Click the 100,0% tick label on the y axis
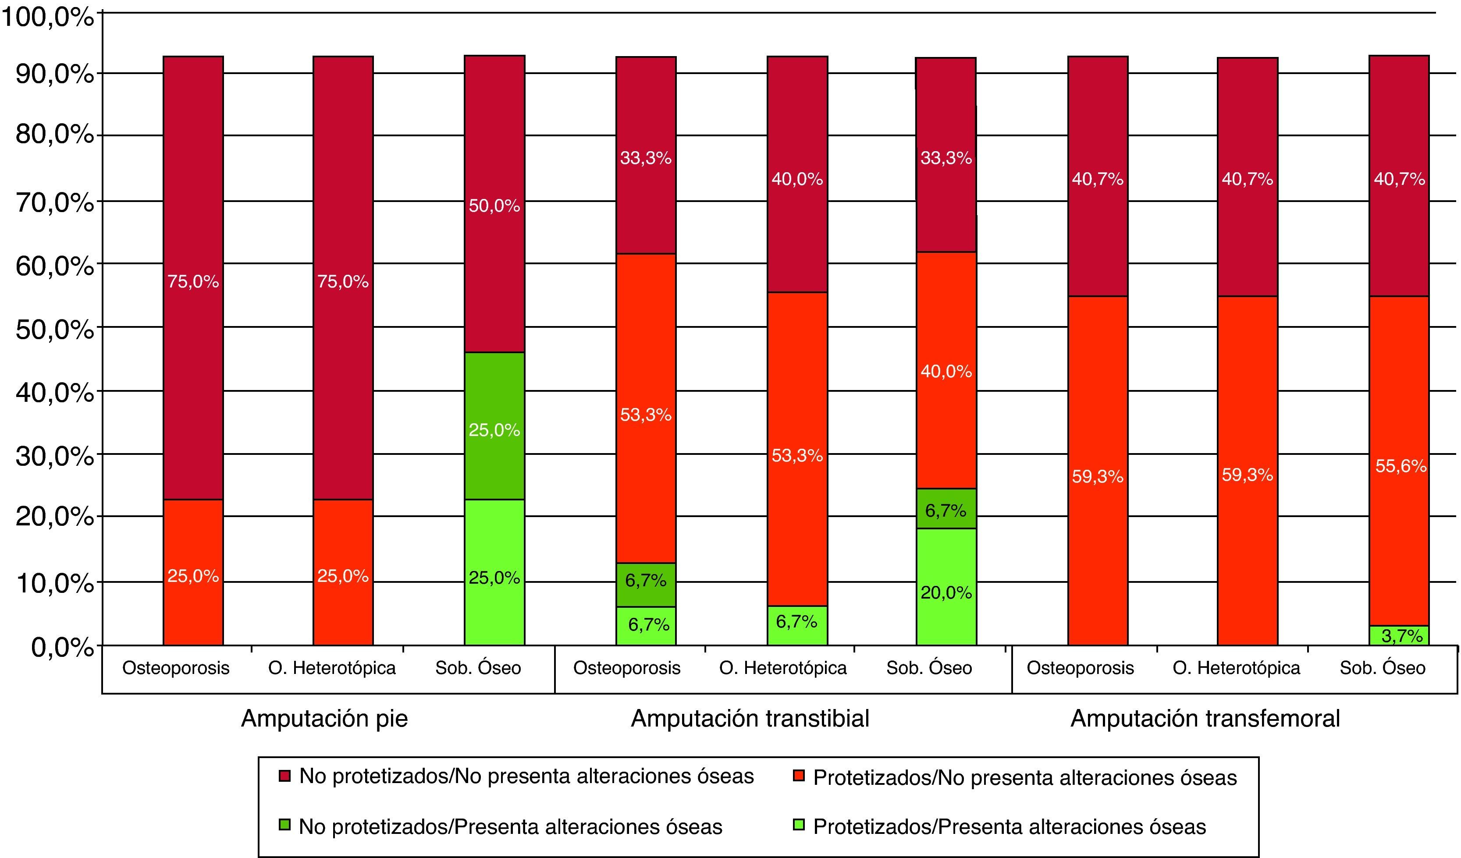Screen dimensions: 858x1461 pyautogui.click(x=47, y=18)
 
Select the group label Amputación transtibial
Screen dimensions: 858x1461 pyautogui.click(x=750, y=719)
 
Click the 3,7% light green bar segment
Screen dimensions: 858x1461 pyautogui.click(x=1398, y=635)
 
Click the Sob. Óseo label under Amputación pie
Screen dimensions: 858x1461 pyautogui.click(x=478, y=668)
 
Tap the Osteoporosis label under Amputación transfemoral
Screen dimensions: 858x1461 pyautogui.click(x=1080, y=668)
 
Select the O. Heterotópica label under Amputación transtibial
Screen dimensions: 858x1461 pyautogui.click(x=783, y=668)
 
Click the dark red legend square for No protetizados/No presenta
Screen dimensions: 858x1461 pyautogui.click(x=284, y=776)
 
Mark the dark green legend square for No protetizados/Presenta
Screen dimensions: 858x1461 pyautogui.click(x=284, y=824)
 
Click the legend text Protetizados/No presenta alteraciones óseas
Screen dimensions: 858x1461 pyautogui.click(x=1024, y=777)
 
